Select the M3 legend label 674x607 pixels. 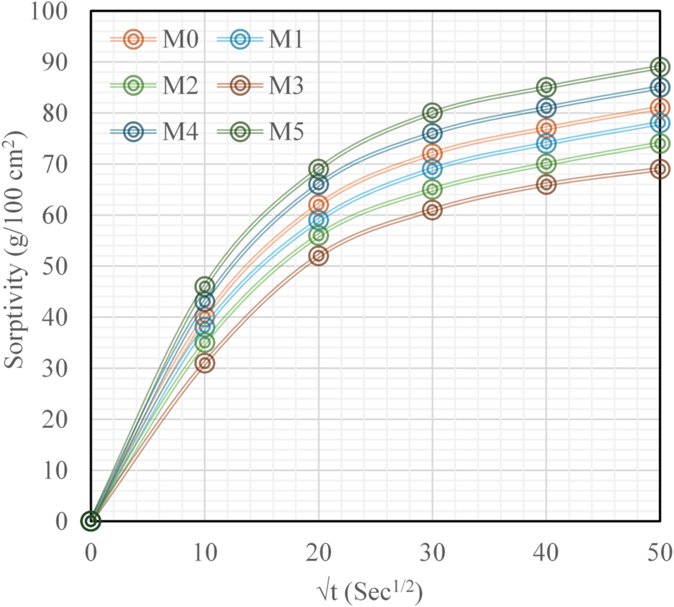click(x=286, y=86)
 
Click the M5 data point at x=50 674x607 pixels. click(x=660, y=67)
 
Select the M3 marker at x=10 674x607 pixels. click(x=205, y=363)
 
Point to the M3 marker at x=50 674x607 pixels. click(x=660, y=169)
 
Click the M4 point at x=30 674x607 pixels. click(x=432, y=133)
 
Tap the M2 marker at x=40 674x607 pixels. click(x=546, y=164)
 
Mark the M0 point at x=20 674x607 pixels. click(x=319, y=205)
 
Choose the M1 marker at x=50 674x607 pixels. click(x=660, y=123)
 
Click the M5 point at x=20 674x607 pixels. click(x=319, y=169)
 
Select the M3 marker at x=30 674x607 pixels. click(x=432, y=210)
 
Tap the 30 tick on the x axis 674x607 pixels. click(x=432, y=552)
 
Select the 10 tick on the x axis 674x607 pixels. click(x=205, y=552)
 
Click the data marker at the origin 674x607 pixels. click(x=91, y=520)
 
